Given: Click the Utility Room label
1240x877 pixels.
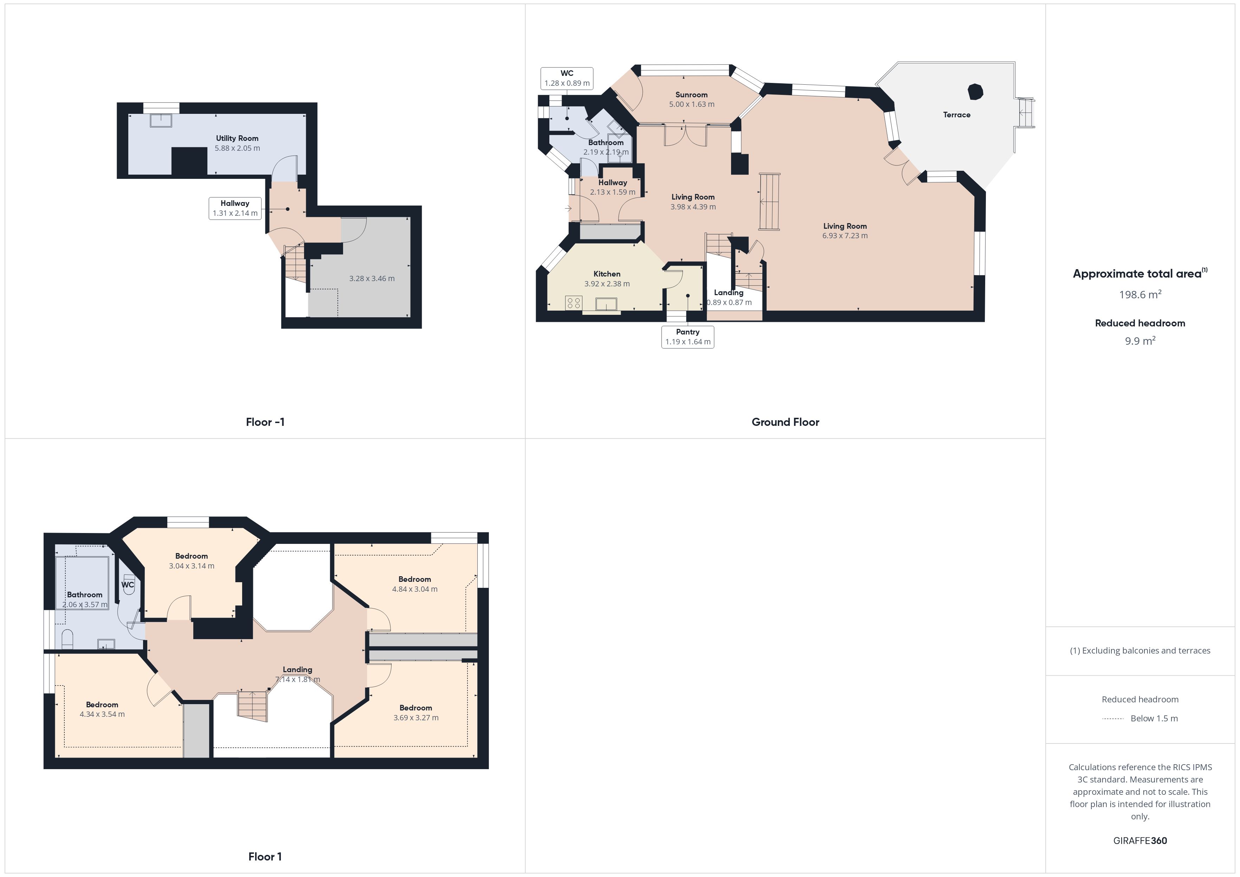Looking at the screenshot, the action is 237,138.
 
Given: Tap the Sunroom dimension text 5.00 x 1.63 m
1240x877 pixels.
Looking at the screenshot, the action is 691,104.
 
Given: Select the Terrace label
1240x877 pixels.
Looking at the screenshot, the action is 956,115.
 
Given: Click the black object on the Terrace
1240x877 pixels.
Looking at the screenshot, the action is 975,92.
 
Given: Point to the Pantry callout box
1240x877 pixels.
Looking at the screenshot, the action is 687,337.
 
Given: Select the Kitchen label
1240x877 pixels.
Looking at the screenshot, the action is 607,274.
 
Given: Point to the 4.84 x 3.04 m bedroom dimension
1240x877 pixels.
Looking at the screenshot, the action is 415,589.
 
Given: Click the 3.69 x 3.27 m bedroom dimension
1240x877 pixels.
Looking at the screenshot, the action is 416,718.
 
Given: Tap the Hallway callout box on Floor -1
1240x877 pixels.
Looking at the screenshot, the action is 235,208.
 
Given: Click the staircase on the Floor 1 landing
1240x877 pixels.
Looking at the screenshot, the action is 253,705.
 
